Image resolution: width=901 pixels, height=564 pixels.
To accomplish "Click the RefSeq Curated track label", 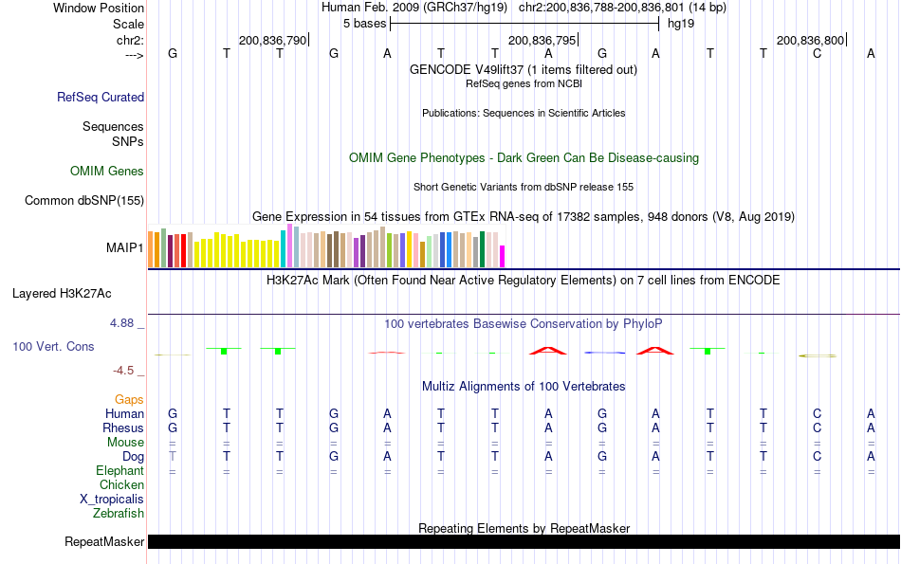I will tap(101, 97).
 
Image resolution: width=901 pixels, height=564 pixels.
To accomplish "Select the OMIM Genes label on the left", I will tap(107, 172).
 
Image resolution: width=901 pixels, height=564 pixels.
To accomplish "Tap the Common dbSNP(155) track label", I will tap(84, 200).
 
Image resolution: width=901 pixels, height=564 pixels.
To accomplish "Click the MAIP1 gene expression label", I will tap(125, 248).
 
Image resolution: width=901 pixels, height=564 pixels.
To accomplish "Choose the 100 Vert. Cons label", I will tap(53, 347).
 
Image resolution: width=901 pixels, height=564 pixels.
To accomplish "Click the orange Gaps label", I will tap(130, 400).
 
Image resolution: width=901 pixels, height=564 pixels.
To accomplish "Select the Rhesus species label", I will tap(124, 428).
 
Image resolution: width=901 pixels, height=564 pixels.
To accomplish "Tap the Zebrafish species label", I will tap(119, 514).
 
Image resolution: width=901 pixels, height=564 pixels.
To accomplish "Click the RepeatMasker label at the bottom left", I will tap(104, 542).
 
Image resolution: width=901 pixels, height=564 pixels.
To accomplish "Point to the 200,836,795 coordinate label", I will tap(542, 40).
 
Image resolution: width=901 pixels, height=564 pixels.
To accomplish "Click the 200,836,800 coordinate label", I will tap(809, 40).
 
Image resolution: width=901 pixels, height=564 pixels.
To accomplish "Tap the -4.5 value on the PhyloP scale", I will tap(124, 371).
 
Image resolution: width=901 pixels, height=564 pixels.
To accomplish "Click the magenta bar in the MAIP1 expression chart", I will tap(503, 257).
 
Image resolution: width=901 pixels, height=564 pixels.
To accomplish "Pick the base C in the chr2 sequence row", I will tap(817, 54).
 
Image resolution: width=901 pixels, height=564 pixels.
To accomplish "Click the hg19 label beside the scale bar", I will tap(681, 24).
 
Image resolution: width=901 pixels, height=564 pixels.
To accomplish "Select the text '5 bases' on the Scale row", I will tap(364, 24).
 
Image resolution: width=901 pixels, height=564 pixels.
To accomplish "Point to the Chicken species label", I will tap(121, 485).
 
